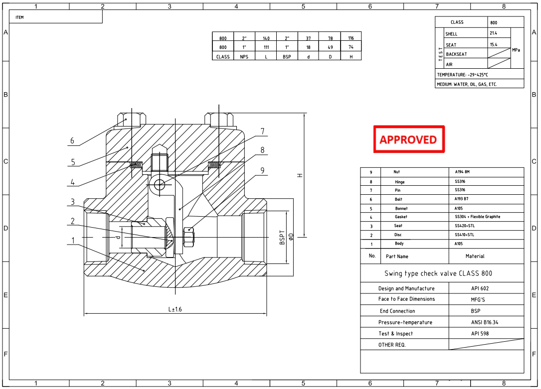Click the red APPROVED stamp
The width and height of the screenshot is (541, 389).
pos(409,139)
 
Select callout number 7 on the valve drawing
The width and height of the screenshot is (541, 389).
pos(263,131)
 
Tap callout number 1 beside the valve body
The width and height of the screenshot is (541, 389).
pos(73,241)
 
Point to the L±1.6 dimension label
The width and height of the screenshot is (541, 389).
pos(175,309)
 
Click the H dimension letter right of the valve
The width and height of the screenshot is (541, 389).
pos(300,175)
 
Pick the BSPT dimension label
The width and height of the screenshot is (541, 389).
pos(282,238)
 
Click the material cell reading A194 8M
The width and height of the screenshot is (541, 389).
pos(462,171)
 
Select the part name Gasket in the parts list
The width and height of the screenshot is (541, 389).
pos(401,217)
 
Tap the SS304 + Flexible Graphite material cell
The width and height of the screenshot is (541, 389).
pos(477,217)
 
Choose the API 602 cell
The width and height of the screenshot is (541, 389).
pos(480,288)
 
